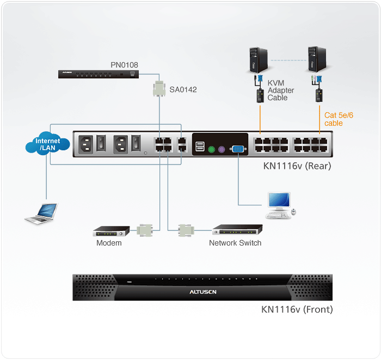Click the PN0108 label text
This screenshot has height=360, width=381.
[124, 65]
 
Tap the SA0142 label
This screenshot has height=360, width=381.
[183, 89]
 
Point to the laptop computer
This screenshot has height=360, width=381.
[41, 213]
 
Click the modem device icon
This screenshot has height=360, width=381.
[111, 231]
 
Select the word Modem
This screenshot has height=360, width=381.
[109, 243]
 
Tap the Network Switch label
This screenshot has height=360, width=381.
[235, 243]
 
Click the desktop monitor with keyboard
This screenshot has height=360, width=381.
[279, 206]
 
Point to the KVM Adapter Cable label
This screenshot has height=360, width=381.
[280, 90]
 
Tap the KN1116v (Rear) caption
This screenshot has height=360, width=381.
[293, 166]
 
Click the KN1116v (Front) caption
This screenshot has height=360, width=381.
[297, 310]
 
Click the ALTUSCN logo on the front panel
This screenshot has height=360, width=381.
[202, 292]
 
